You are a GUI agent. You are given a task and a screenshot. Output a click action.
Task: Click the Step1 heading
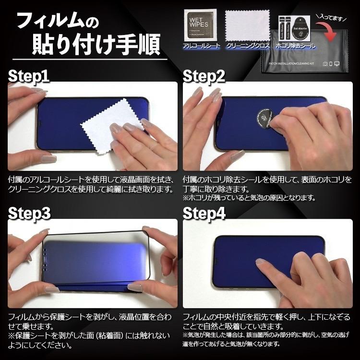(29, 75)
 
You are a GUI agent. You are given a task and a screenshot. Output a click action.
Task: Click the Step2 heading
(204, 75)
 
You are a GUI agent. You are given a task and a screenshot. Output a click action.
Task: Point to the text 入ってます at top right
(332, 18)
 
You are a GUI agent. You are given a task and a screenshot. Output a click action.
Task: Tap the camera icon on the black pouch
(325, 64)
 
